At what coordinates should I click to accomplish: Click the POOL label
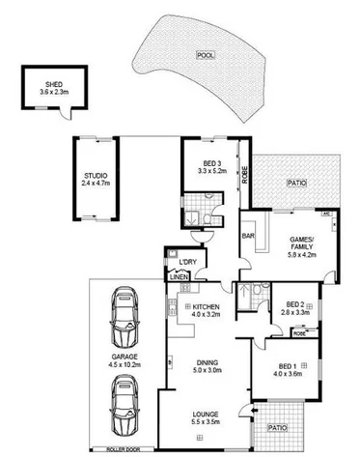click(205, 56)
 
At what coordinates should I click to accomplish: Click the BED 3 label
click(212, 163)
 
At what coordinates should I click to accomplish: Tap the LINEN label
click(180, 279)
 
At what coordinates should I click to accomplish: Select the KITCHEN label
click(207, 306)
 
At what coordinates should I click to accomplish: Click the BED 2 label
click(293, 305)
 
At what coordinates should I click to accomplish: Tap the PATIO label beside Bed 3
click(296, 181)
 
